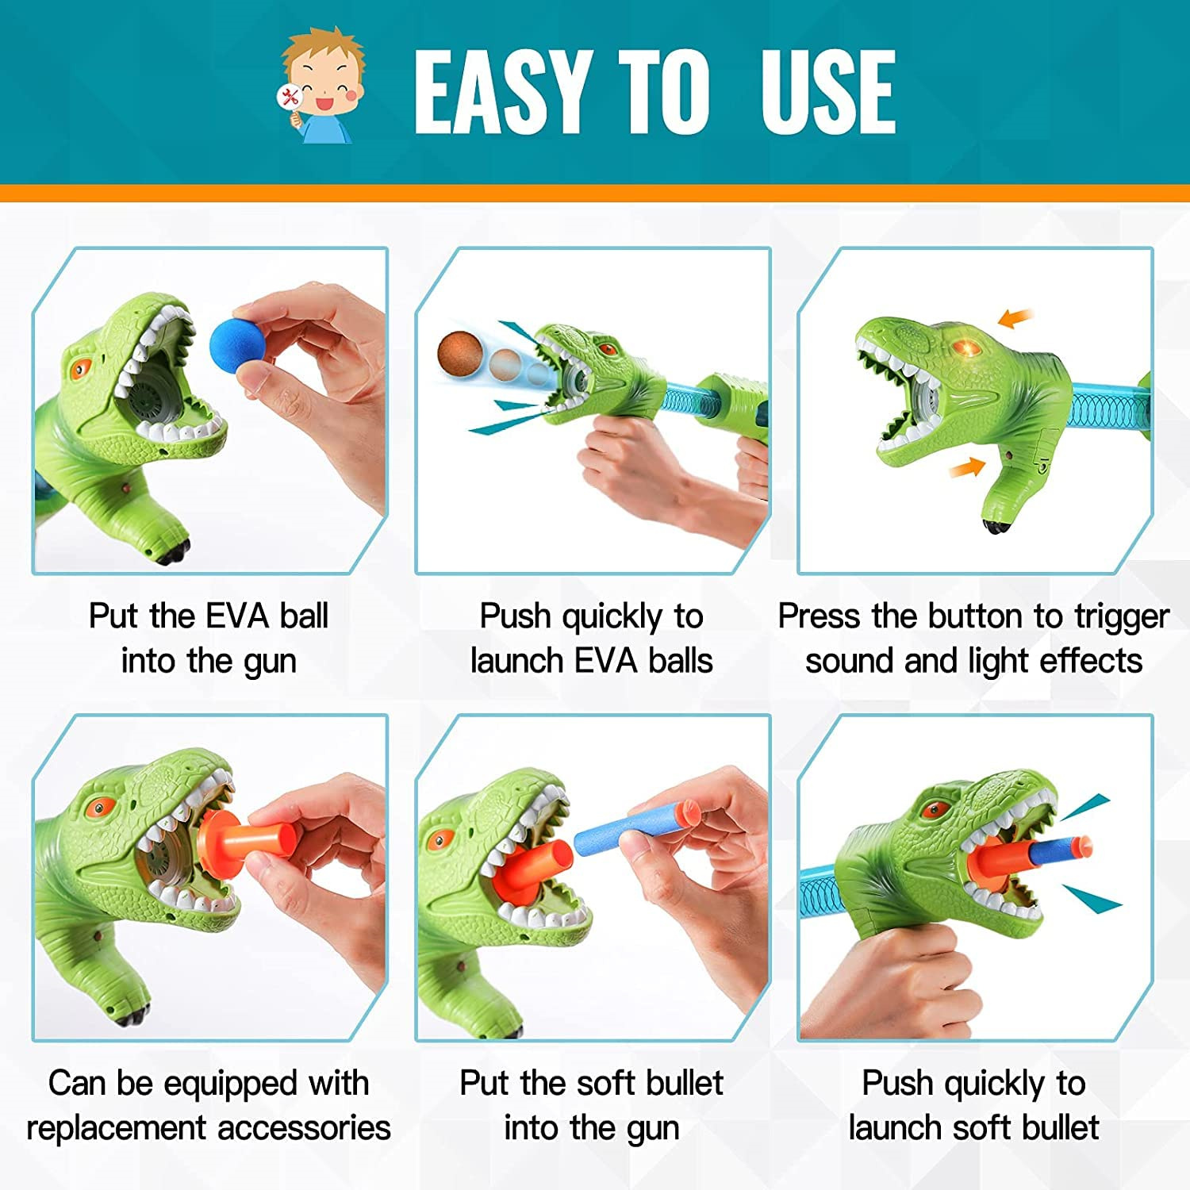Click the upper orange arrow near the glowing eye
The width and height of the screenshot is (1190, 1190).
[1015, 318]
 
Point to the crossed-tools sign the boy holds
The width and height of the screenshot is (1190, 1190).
[290, 98]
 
